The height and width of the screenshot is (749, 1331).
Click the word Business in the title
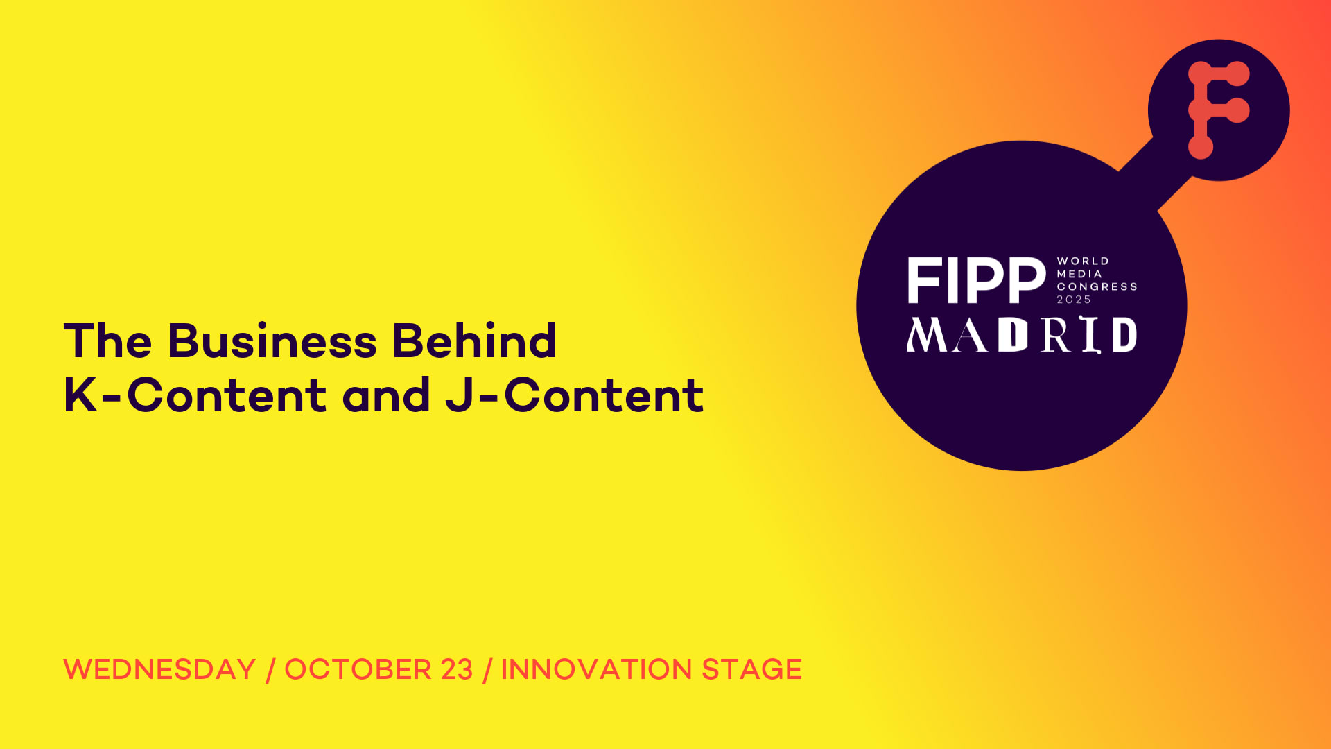point(272,341)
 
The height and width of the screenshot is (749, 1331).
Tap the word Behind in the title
point(474,341)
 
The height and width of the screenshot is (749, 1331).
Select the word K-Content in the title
point(195,395)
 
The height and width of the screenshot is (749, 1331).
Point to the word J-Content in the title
point(575,395)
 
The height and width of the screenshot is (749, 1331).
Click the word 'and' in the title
point(386,395)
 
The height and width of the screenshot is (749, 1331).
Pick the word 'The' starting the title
point(107,341)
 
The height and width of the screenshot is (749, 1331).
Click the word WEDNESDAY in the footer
point(160,669)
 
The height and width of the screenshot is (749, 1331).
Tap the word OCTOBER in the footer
point(358,669)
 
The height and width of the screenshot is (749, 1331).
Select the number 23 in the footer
point(457,669)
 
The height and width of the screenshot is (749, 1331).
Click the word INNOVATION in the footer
point(596,669)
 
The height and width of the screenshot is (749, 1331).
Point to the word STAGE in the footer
point(751,669)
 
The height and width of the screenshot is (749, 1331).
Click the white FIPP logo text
point(976,280)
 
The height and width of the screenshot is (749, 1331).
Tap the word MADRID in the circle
point(1022,335)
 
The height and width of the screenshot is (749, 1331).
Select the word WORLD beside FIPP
point(1083,261)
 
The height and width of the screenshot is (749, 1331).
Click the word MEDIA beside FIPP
point(1079,274)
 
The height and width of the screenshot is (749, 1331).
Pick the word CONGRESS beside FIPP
point(1097,286)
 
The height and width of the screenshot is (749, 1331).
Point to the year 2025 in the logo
point(1074,300)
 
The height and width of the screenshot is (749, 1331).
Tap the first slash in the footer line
point(270,670)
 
